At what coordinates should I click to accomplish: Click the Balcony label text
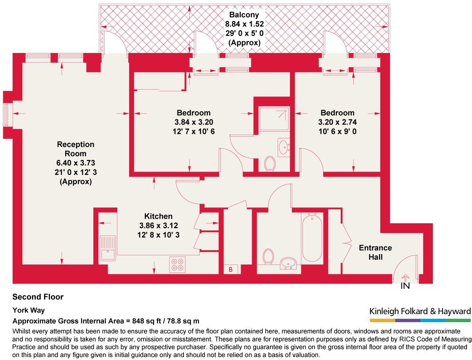244,15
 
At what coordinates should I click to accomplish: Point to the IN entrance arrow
405,280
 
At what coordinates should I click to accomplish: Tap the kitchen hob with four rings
177,264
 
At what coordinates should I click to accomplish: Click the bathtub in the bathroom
312,238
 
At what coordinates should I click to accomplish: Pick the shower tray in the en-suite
274,119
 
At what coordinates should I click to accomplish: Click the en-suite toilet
270,163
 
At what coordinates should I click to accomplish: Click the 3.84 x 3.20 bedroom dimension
194,122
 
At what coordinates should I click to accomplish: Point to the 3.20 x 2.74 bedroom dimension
337,122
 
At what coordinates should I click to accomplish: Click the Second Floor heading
38,297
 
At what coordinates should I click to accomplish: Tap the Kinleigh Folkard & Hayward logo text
420,312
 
